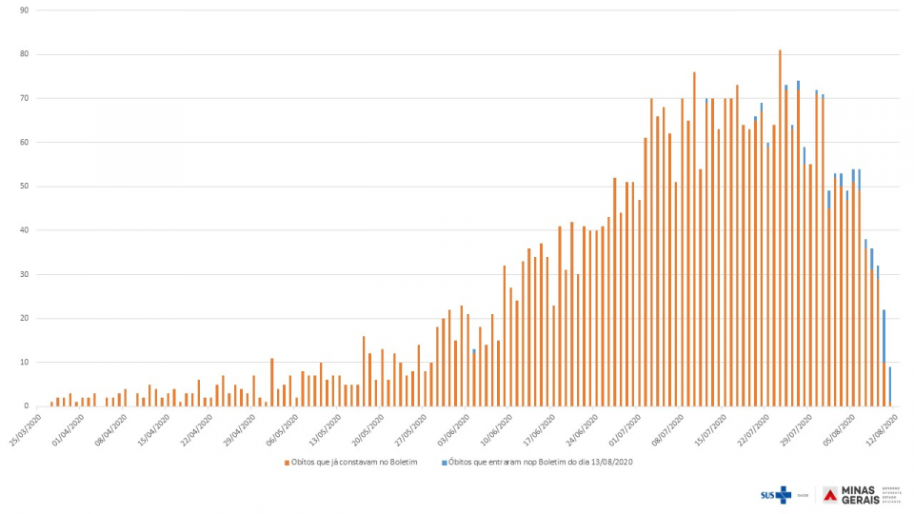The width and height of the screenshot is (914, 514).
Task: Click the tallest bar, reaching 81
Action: coord(780,228)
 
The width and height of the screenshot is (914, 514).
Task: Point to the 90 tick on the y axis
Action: coord(24,10)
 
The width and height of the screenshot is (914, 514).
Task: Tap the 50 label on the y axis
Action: coord(24,187)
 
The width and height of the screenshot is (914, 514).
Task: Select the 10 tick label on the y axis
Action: coord(24,363)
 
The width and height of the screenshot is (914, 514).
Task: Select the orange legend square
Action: coord(286,463)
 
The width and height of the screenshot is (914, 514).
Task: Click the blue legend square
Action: coord(445,463)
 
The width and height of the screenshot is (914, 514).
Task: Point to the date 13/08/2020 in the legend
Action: coord(610,463)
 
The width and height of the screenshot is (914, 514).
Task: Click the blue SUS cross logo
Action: coord(783,494)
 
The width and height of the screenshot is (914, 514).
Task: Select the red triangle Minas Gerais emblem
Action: coord(830,494)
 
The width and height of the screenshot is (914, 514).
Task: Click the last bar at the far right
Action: coord(889,386)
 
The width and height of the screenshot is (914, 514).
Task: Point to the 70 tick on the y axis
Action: coord(24,98)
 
